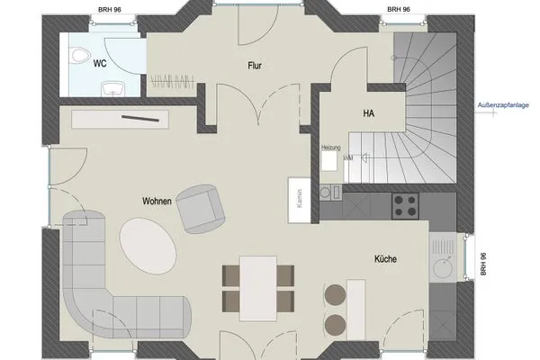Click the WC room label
point(101,64)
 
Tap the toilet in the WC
point(78,51)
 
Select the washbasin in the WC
point(112,88)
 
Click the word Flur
point(256,65)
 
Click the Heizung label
point(329,147)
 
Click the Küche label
point(385,259)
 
